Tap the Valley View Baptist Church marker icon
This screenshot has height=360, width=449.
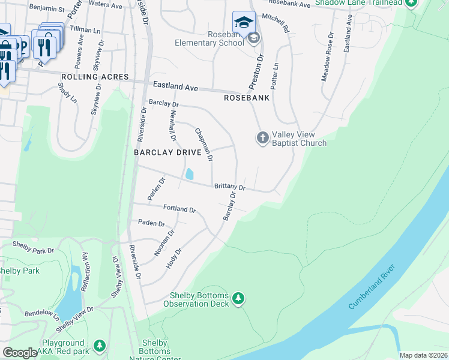tap(262, 137)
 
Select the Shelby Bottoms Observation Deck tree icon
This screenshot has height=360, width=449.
tap(238, 298)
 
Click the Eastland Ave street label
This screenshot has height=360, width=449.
tap(175, 87)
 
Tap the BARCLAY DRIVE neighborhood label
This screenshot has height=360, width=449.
tap(167, 152)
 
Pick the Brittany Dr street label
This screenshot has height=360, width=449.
tap(229, 187)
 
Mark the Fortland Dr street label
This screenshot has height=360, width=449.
tap(179, 209)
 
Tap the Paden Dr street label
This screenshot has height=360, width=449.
tap(151, 223)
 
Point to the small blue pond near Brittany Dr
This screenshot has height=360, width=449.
tap(190, 174)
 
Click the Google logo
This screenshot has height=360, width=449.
tap(20, 353)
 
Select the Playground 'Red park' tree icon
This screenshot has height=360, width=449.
tap(99, 346)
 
